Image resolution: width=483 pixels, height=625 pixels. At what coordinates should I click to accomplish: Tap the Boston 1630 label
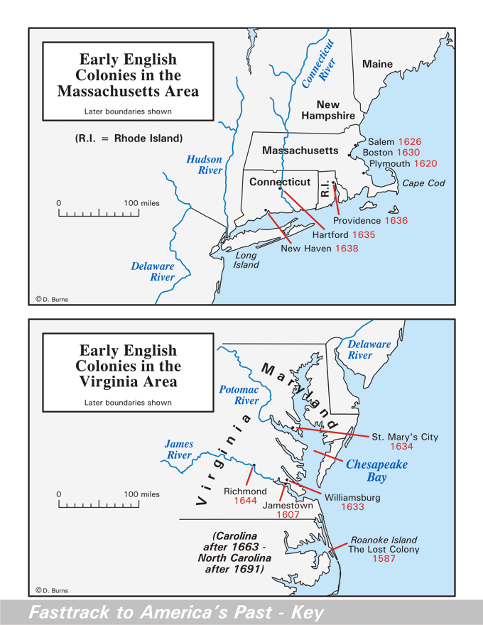(x=391, y=153)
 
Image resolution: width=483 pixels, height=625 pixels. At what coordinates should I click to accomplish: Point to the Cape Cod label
(x=424, y=183)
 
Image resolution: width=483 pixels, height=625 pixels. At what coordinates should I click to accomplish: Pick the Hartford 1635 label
(x=344, y=234)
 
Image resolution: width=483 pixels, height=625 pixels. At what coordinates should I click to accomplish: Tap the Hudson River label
(x=205, y=165)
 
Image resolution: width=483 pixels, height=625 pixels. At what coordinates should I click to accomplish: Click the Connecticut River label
(x=318, y=64)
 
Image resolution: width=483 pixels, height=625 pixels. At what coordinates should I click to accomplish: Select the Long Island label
(x=246, y=260)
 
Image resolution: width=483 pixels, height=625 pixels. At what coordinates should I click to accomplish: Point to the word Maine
(x=377, y=64)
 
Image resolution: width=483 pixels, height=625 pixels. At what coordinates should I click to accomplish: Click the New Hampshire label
(x=327, y=110)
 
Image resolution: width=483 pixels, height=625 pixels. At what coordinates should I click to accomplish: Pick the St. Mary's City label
(x=406, y=437)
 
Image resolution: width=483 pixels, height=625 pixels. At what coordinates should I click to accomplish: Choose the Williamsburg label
(x=353, y=498)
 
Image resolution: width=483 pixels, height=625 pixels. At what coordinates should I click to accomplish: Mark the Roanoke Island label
(x=383, y=540)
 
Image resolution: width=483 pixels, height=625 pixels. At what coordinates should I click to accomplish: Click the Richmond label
(x=245, y=491)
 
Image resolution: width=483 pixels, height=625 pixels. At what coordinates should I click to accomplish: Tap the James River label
(x=179, y=450)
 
